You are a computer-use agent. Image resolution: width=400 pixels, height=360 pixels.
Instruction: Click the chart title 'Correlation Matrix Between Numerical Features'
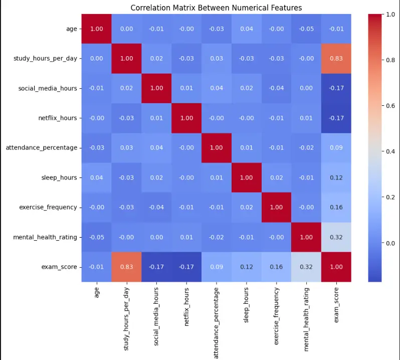point(216,8)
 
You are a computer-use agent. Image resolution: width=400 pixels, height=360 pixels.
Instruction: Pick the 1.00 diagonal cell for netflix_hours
point(185,118)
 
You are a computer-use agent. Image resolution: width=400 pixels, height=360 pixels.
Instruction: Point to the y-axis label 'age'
point(72,29)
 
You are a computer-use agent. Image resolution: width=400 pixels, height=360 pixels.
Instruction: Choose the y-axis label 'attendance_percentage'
point(42,148)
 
